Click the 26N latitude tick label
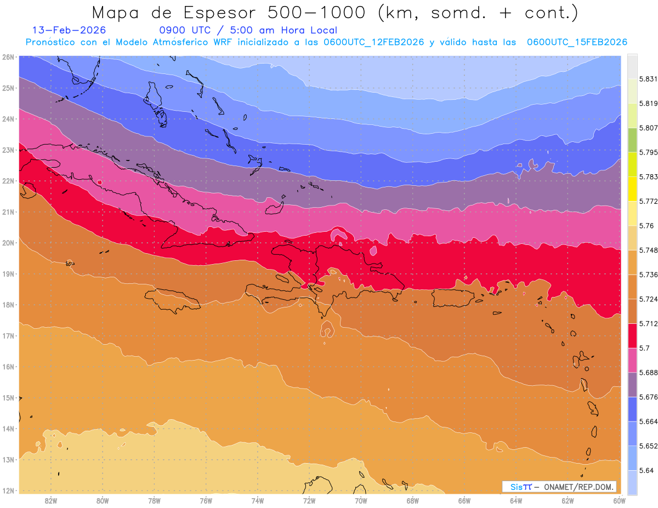(x=8, y=57)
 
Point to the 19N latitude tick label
(x=8, y=274)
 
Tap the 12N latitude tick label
(x=8, y=490)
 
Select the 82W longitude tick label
(x=51, y=500)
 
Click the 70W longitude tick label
(x=361, y=500)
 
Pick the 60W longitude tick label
(x=620, y=500)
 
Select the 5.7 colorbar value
(x=643, y=348)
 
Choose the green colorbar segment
(x=632, y=140)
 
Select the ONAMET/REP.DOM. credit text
(x=578, y=487)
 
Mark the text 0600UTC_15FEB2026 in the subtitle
(x=577, y=42)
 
